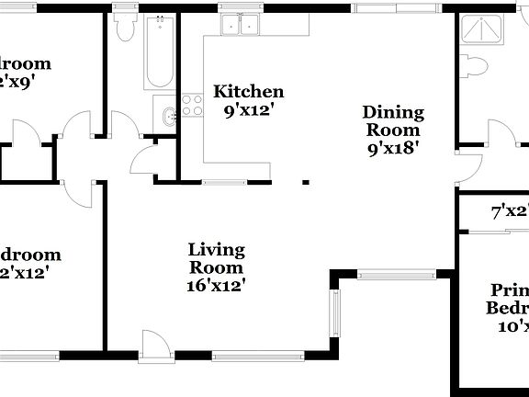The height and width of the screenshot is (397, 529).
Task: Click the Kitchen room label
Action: [x=248, y=91]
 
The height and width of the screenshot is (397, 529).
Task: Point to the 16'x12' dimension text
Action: [x=216, y=285]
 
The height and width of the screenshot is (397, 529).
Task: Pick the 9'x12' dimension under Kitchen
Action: [x=248, y=109]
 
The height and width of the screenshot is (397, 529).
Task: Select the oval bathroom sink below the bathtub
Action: [x=167, y=117]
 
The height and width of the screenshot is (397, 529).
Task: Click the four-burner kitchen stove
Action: [x=191, y=105]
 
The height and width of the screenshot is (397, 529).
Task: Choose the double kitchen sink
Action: [x=245, y=25]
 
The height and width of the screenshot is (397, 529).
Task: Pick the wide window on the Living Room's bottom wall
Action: [x=244, y=353]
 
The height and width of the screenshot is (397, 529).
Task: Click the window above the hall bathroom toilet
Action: [x=126, y=8]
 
